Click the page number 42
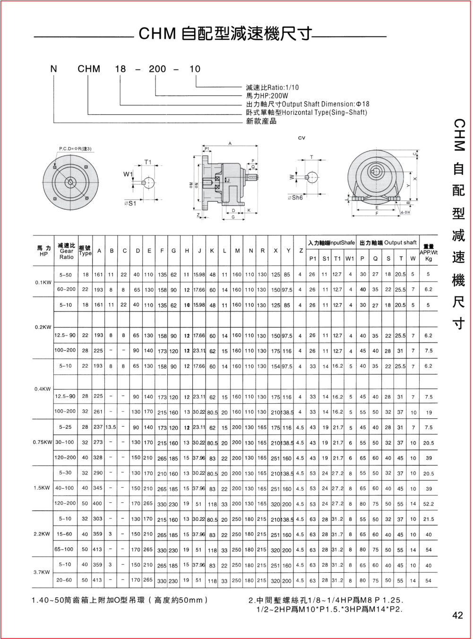[x=457, y=615]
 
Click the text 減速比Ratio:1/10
[x=272, y=87]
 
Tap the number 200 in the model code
[x=157, y=69]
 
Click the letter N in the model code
[x=54, y=69]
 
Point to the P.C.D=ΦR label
[x=75, y=149]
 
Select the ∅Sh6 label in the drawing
[x=295, y=198]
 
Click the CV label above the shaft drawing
[x=301, y=138]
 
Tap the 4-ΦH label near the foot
[x=405, y=213]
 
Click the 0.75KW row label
[x=42, y=442]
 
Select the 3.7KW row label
[x=42, y=572]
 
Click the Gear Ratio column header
[x=67, y=251]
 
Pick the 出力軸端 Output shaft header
[x=388, y=243]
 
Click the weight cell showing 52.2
[x=429, y=504]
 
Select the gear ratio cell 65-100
[x=64, y=549]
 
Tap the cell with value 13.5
[x=111, y=427]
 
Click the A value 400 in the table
[x=97, y=504]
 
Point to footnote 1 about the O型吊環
[x=120, y=600]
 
